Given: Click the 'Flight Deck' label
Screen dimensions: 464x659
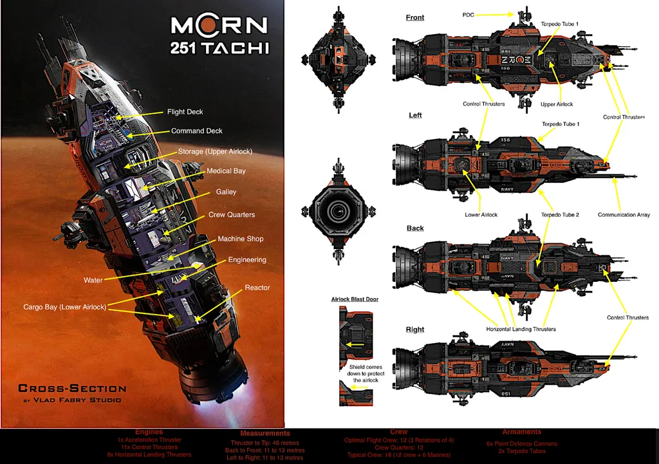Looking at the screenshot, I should [x=185, y=112].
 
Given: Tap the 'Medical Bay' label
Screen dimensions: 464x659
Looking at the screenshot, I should [x=226, y=171].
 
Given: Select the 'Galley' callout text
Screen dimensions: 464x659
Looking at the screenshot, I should [x=226, y=192].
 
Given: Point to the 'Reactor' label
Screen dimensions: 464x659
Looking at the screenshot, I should [x=257, y=288].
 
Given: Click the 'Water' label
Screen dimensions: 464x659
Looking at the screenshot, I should [x=93, y=281].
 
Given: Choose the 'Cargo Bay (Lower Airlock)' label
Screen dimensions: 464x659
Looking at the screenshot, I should [x=64, y=308].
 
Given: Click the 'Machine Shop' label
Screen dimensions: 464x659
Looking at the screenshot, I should [x=240, y=239].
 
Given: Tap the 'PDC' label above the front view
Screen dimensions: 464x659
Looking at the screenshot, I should [x=469, y=14].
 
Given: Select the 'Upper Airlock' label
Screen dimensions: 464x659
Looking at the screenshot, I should [x=557, y=104].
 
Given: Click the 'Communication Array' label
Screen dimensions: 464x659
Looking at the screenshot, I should [x=624, y=215].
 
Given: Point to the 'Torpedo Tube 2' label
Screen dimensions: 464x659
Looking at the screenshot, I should [x=560, y=215].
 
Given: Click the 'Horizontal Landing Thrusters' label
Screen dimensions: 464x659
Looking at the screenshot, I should [x=521, y=329].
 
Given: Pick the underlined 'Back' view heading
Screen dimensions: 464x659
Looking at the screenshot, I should [x=415, y=228].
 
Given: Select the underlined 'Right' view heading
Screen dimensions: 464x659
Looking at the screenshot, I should [x=415, y=329].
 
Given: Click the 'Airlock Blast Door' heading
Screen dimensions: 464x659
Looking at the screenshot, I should [x=355, y=299].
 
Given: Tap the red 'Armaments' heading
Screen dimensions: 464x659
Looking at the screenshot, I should [x=522, y=432].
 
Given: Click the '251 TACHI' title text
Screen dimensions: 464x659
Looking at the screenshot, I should [x=219, y=48].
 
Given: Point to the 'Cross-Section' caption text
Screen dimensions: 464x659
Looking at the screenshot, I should [x=72, y=388].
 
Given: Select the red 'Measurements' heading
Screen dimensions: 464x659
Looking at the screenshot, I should [x=265, y=434].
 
